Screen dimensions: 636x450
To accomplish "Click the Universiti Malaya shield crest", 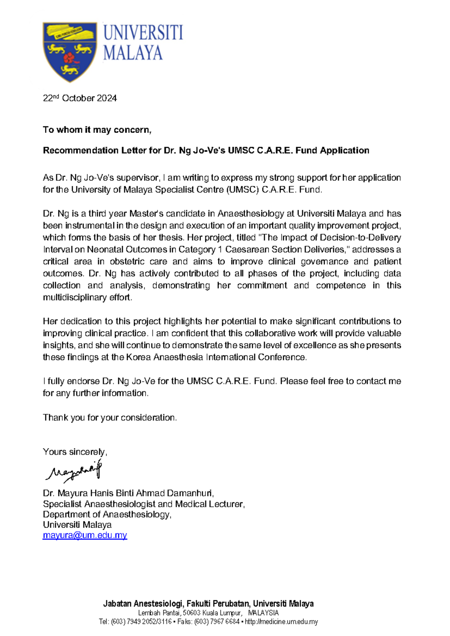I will [x=70, y=51].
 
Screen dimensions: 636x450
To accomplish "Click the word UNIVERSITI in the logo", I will [x=143, y=33].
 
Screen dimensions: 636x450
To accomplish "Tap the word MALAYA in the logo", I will [x=133, y=53].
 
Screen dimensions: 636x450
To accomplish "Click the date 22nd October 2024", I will [x=80, y=98].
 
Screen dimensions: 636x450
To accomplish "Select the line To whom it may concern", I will [x=97, y=130].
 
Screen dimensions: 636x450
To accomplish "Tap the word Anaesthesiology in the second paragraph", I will [x=251, y=214].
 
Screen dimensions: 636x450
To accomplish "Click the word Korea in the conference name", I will [x=138, y=357].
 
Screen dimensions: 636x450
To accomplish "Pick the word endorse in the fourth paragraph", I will [x=83, y=381].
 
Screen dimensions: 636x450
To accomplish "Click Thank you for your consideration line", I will [x=109, y=418].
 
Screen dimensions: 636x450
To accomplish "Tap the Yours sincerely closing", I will [x=75, y=452].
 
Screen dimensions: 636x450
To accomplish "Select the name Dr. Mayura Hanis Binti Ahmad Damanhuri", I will [x=128, y=493].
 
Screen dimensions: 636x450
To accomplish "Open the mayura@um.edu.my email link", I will [x=85, y=535].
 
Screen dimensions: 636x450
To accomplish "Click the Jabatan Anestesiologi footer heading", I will [x=208, y=604].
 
